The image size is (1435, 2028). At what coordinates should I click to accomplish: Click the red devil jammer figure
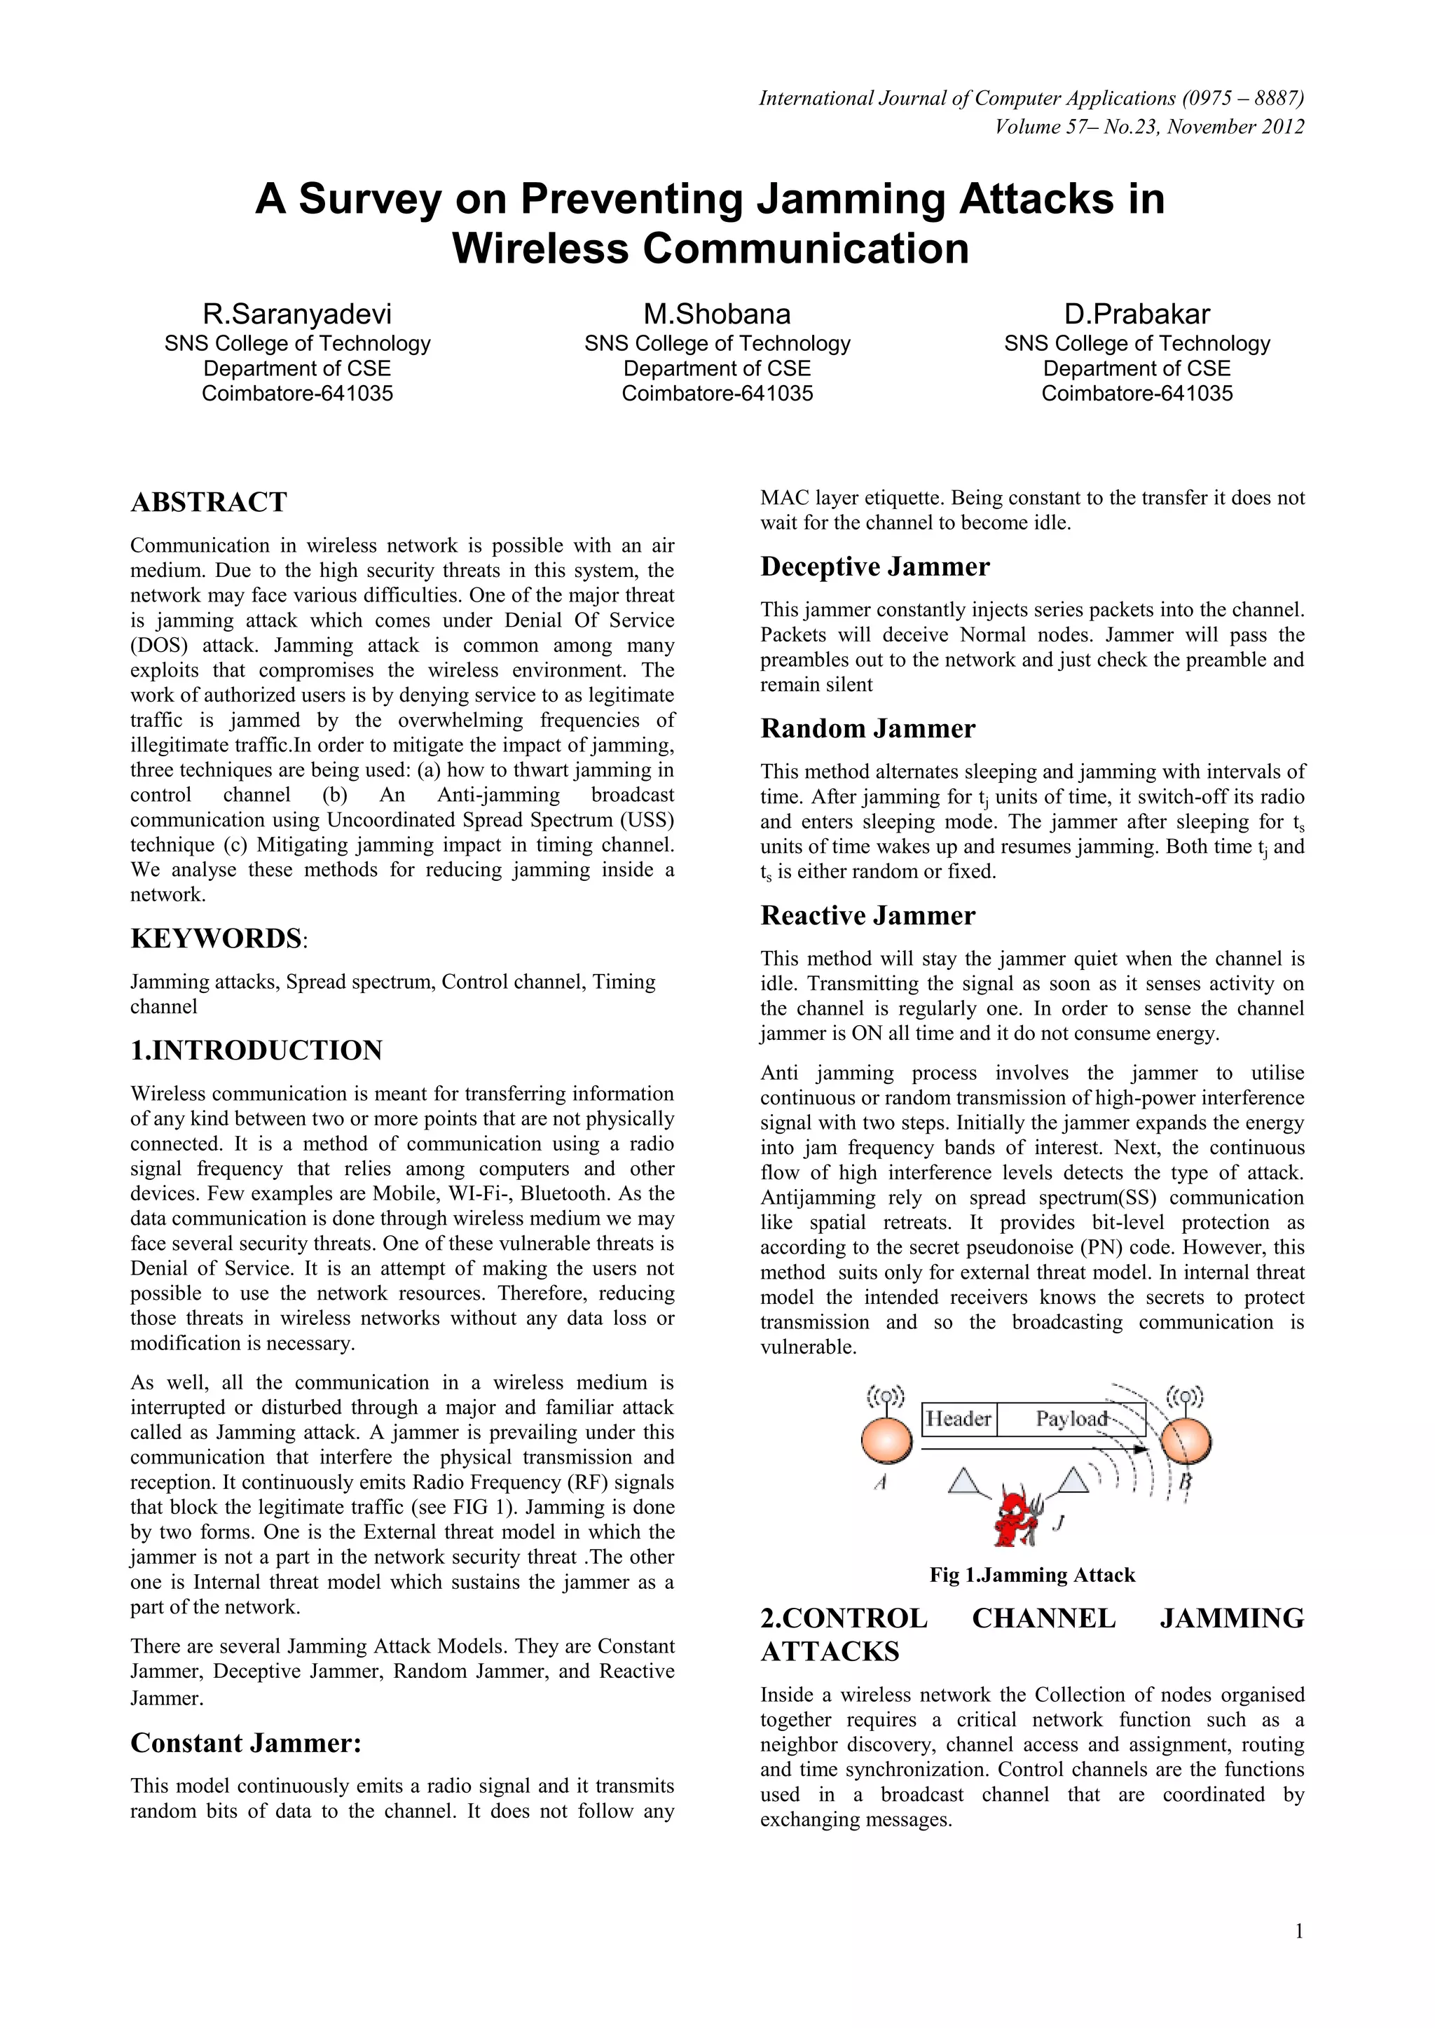(x=1015, y=1515)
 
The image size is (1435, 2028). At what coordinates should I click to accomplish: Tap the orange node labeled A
(x=886, y=1441)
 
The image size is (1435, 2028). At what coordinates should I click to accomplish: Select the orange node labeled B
(x=1185, y=1441)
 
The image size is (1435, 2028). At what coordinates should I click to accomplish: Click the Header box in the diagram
(x=958, y=1419)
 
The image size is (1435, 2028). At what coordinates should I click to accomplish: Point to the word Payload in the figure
(x=1071, y=1419)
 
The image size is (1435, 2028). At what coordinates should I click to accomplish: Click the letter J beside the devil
(x=1059, y=1521)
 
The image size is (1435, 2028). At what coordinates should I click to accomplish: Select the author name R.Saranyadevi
(x=297, y=314)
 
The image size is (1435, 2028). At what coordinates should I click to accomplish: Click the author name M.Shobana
(x=717, y=314)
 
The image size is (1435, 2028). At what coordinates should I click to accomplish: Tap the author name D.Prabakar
(x=1137, y=314)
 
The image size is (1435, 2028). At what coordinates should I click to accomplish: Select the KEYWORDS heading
(x=217, y=938)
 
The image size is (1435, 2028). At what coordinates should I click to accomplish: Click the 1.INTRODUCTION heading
(x=256, y=1050)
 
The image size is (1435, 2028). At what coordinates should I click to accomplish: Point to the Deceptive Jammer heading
(x=874, y=567)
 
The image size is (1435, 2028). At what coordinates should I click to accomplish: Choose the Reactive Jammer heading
(x=867, y=915)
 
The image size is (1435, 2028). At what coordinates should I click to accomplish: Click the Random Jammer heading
(x=867, y=729)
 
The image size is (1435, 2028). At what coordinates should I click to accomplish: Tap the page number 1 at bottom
(x=1299, y=1932)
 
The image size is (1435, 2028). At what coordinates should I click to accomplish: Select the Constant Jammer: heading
(x=246, y=1743)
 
